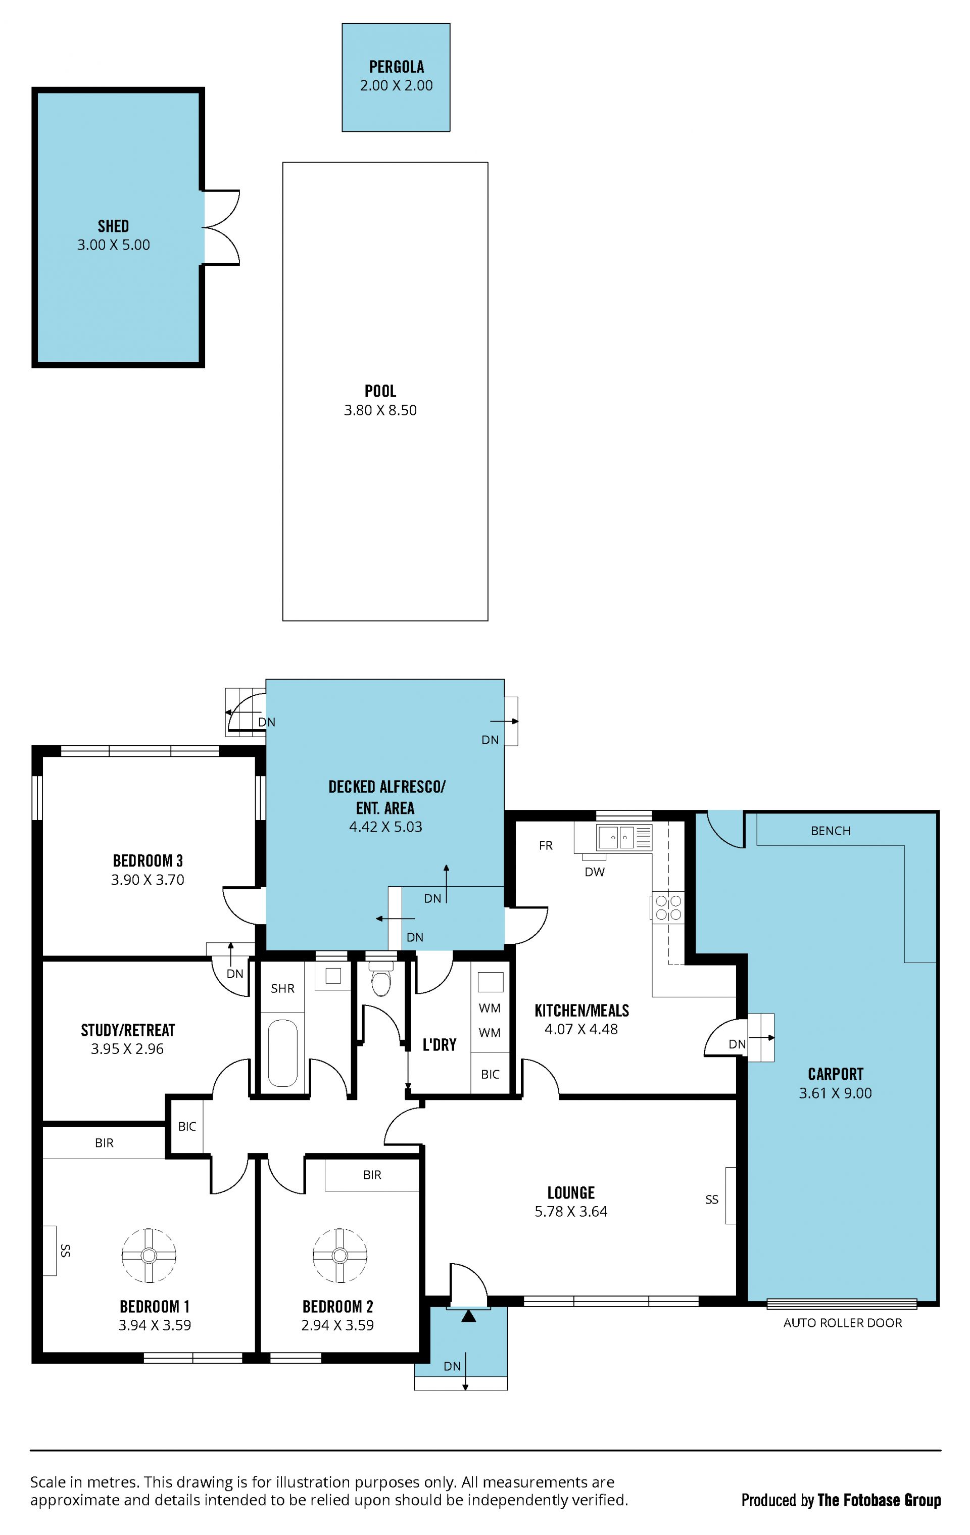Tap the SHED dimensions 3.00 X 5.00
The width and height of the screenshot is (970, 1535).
pos(114,245)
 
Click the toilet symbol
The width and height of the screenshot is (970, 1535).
pos(381,980)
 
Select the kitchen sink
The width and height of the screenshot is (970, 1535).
pos(624,837)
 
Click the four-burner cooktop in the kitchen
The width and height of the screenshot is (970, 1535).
pos(667,908)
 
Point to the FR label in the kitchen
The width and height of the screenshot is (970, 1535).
pos(546,845)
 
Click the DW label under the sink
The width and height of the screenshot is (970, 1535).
pos(595,872)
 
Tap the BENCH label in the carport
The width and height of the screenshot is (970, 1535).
pos(831,831)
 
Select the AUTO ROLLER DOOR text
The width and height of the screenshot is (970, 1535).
pos(843,1323)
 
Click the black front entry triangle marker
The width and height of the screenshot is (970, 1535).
pos(468,1315)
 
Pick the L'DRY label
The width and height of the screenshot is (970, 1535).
pos(439,1044)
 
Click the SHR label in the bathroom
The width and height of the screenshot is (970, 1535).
pos(282,988)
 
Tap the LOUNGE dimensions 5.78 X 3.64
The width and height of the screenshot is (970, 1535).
pos(571,1211)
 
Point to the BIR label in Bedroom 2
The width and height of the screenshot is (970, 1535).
pos(372,1174)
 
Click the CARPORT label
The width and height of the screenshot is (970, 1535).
pos(836,1074)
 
